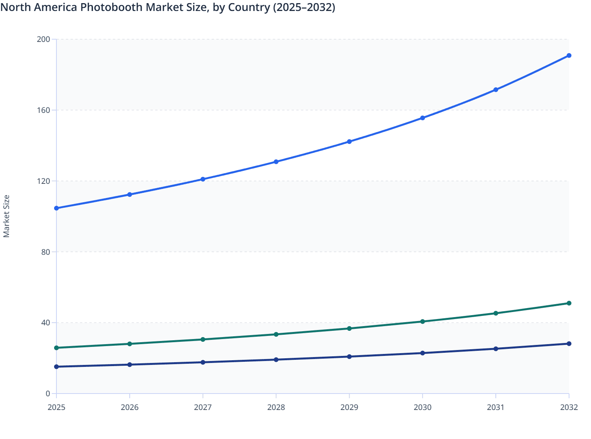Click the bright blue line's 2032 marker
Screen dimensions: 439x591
click(x=569, y=56)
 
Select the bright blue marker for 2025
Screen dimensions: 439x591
click(x=56, y=208)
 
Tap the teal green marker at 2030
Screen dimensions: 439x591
click(x=422, y=321)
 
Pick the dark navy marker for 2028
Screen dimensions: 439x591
click(x=276, y=359)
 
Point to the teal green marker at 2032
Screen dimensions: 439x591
click(x=569, y=303)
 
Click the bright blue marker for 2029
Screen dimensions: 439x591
click(x=349, y=141)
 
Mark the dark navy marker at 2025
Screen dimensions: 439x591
click(x=56, y=366)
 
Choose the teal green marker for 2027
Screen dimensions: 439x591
click(x=203, y=339)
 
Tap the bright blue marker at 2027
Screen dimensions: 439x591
click(x=203, y=179)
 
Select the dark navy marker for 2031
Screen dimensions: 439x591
click(x=495, y=349)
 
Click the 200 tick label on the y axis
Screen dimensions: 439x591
click(x=44, y=39)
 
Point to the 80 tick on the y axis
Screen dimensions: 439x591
click(x=45, y=252)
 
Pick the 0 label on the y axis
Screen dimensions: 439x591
click(x=48, y=394)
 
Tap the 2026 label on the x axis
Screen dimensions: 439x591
click(x=130, y=407)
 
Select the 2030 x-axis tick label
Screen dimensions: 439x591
click(x=422, y=407)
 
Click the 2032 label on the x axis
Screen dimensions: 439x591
click(x=569, y=407)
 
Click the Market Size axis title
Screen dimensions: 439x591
click(x=6, y=216)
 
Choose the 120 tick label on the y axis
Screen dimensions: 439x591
click(x=44, y=181)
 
